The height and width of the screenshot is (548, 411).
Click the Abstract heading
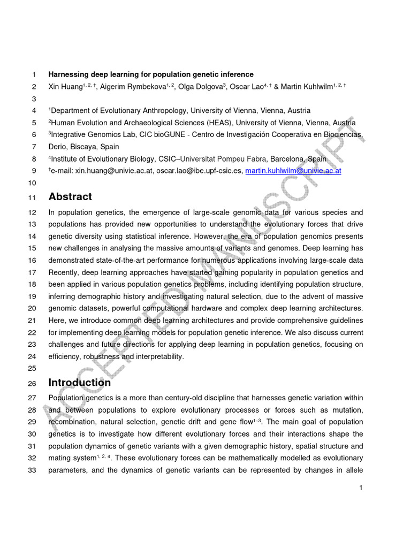pos(70,196)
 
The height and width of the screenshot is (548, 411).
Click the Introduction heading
pos(80,383)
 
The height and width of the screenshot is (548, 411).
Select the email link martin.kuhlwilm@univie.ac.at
pos(293,171)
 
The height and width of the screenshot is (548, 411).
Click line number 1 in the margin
pos(34,74)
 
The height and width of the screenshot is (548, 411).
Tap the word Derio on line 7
pos(58,147)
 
